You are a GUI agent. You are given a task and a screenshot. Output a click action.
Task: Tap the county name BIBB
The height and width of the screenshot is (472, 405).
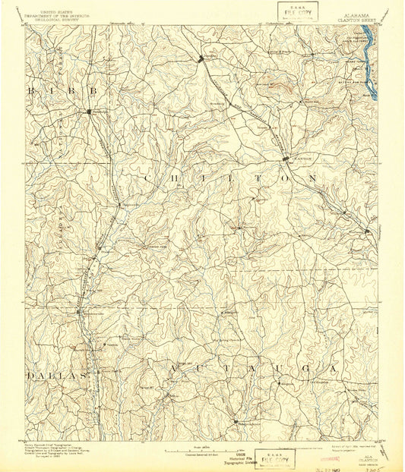point(64,90)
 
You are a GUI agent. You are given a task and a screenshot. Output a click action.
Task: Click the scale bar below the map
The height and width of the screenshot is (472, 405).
point(202,448)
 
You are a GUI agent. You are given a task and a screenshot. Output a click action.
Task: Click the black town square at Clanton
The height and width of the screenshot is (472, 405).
point(286,159)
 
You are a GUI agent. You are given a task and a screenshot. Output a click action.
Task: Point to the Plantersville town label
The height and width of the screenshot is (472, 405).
point(93,313)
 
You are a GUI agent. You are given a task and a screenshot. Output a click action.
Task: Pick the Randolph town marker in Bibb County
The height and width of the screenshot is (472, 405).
point(89,112)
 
